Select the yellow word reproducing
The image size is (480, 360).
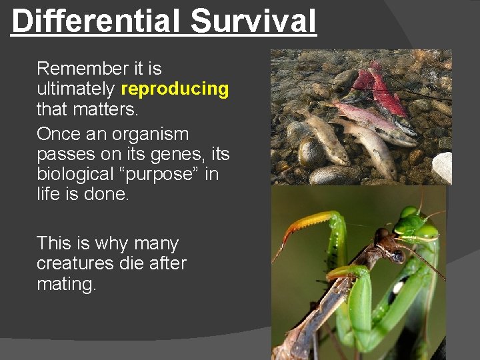175,89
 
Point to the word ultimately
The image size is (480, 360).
77,89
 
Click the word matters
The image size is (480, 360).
115,108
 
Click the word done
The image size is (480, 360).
111,193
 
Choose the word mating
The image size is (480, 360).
67,284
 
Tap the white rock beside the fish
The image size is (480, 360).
443,165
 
